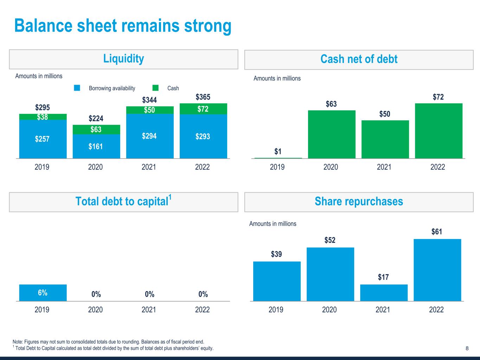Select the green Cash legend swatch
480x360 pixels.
pyautogui.click(x=155, y=88)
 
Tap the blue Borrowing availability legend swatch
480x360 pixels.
pyautogui.click(x=77, y=88)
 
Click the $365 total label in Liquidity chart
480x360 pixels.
pyautogui.click(x=203, y=97)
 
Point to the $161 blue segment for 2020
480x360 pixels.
pyautogui.click(x=96, y=146)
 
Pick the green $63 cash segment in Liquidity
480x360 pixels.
pyautogui.click(x=96, y=129)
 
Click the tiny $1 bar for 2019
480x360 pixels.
pyautogui.click(x=278, y=158)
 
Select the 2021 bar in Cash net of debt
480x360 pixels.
pyautogui.click(x=385, y=139)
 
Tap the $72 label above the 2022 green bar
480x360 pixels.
pyautogui.click(x=438, y=97)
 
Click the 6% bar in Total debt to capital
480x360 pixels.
pyautogui.click(x=43, y=293)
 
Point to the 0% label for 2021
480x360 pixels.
pyautogui.click(x=149, y=294)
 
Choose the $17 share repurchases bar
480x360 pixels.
pyautogui.click(x=384, y=292)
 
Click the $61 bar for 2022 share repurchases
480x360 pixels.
pyautogui.click(x=437, y=270)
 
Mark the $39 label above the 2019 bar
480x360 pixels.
pyautogui.click(x=276, y=254)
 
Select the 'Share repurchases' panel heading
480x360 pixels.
pyautogui.click(x=359, y=201)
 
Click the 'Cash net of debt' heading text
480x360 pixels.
pyautogui.click(x=359, y=59)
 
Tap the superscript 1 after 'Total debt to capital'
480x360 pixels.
pyautogui.click(x=170, y=198)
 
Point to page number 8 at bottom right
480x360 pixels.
pyautogui.click(x=467, y=348)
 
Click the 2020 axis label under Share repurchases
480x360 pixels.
pyautogui.click(x=329, y=310)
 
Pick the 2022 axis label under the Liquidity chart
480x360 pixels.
pyautogui.click(x=202, y=167)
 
